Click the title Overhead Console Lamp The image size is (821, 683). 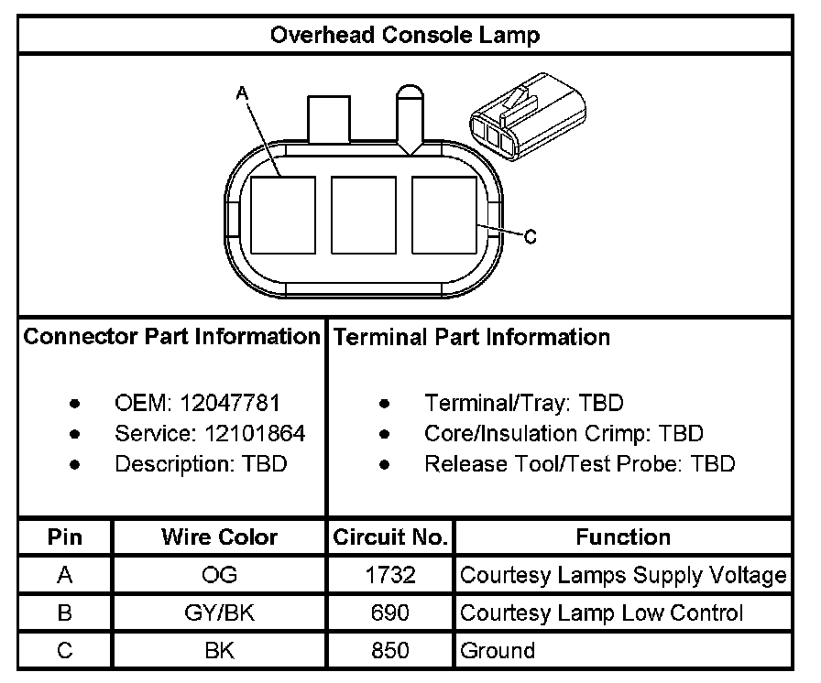coord(405,36)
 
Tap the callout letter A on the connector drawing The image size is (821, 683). coord(243,92)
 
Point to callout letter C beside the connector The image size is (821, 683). coord(530,237)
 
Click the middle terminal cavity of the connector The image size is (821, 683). coord(363,215)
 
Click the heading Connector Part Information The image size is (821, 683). coord(172,337)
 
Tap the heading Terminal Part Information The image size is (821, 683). coord(472,337)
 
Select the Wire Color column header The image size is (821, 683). coord(219,537)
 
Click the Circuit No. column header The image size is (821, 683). coord(390,537)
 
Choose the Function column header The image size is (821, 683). coord(623,537)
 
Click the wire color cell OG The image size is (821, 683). coord(219,575)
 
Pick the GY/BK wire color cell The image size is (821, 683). coord(219,613)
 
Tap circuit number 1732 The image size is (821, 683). coord(390,575)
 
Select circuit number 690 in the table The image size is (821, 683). coord(390,613)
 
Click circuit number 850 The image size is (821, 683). coord(390,651)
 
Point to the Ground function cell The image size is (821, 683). coord(498,651)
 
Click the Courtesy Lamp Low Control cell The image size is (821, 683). coord(601,613)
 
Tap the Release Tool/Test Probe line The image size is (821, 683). coord(579,464)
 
